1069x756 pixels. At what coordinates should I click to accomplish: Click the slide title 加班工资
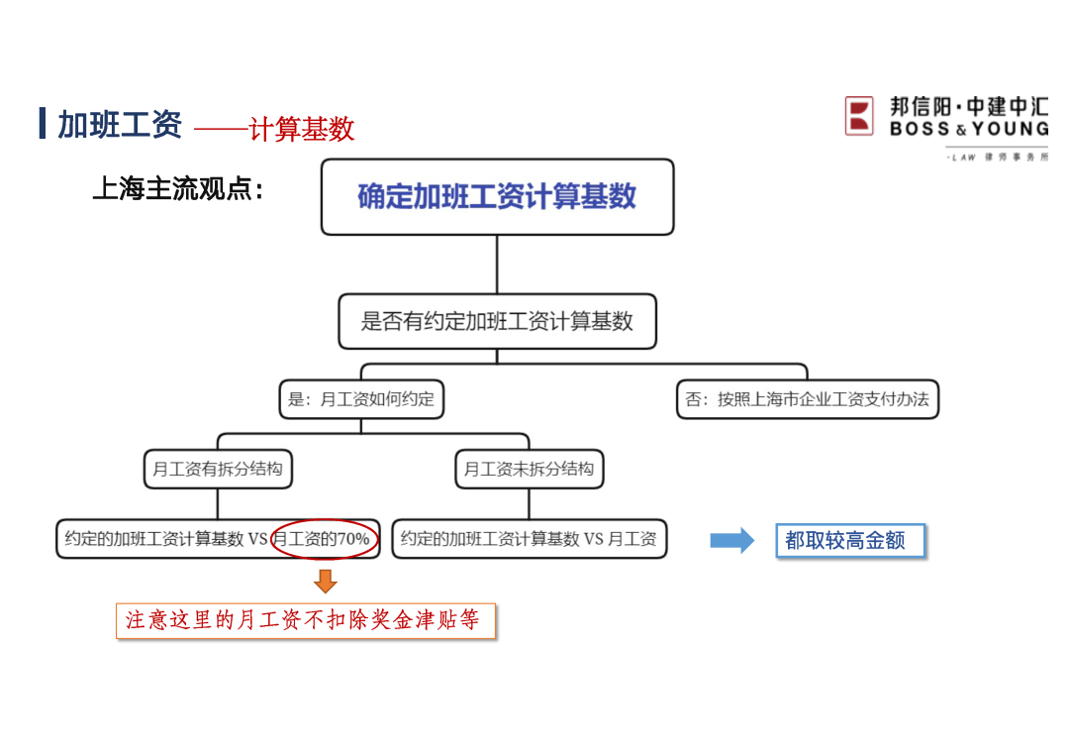pos(120,125)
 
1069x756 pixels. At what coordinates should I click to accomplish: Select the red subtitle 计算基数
pos(302,129)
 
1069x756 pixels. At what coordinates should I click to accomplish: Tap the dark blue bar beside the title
pos(43,124)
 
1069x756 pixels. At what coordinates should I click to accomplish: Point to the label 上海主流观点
pos(178,188)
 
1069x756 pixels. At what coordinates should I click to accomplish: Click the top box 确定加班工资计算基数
pos(497,196)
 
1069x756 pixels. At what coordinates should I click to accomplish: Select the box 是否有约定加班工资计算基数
pos(497,321)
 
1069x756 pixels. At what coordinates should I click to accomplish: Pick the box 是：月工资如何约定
pos(360,399)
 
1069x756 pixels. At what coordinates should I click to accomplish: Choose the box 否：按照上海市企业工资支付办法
pos(807,399)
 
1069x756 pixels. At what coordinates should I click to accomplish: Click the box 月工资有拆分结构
pos(218,469)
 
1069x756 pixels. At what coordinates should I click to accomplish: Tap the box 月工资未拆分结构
pos(529,469)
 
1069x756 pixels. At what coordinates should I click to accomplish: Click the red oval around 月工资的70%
pos(325,539)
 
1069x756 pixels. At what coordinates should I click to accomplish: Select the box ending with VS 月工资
pos(529,539)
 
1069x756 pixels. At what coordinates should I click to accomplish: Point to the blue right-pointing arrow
pos(731,540)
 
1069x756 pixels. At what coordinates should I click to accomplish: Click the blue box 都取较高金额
pos(849,541)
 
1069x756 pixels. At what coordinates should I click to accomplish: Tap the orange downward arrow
pos(325,581)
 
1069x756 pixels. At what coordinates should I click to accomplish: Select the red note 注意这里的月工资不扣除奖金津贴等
pos(305,620)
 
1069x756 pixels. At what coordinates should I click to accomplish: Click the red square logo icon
pos(859,116)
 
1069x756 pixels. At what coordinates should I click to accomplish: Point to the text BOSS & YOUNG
pos(968,129)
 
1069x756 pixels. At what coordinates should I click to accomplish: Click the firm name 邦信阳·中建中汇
pos(968,106)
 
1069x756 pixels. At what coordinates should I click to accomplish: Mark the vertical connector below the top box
pos(497,264)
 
